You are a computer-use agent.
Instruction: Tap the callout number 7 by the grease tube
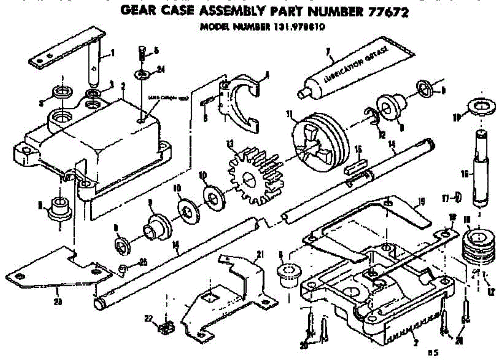[x=328, y=51]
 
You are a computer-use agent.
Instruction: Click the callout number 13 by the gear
[x=229, y=144]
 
